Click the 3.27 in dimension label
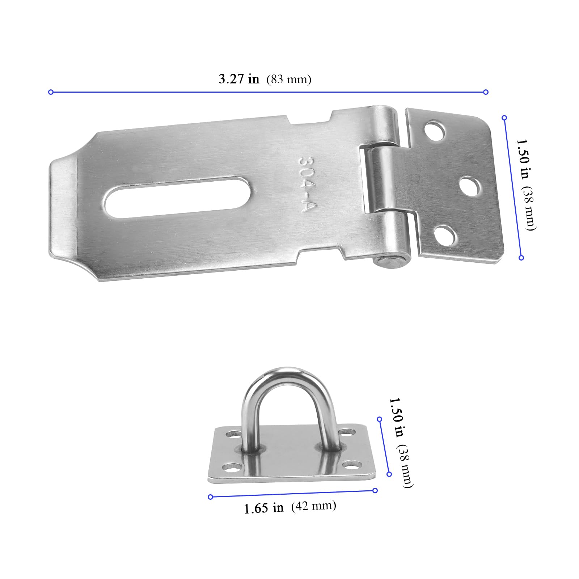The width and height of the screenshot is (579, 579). coord(239,79)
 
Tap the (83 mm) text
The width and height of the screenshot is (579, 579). coord(289,79)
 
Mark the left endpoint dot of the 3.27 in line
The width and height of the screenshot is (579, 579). coord(51,92)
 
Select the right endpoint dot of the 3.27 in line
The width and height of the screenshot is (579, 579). coord(486,92)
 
